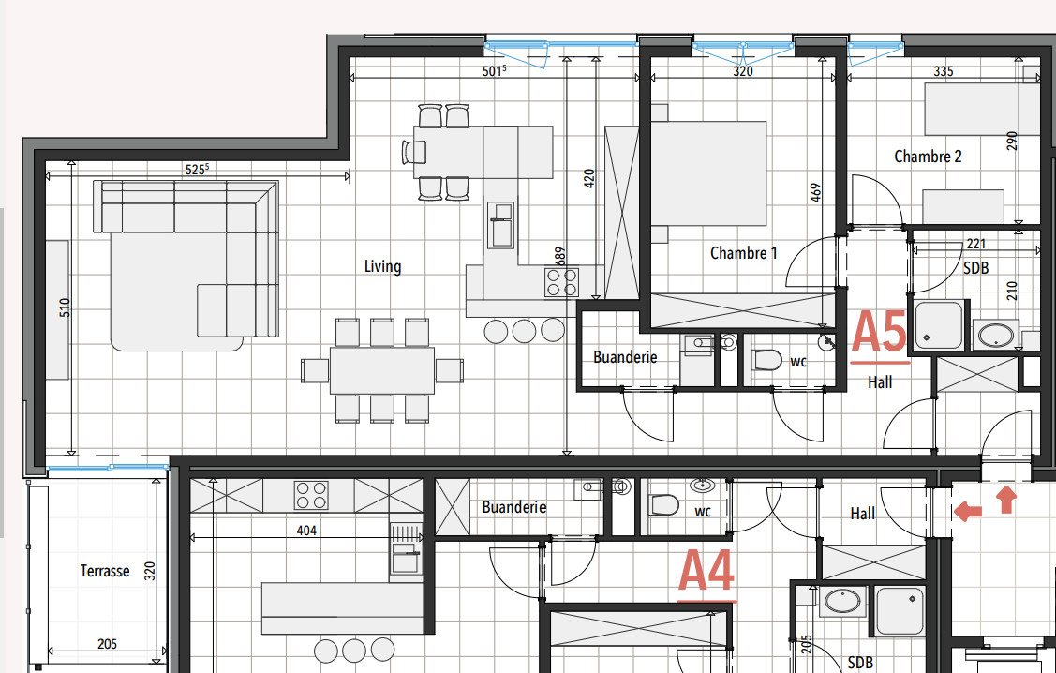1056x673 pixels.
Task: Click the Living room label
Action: tap(382, 266)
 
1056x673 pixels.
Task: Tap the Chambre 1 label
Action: tap(743, 252)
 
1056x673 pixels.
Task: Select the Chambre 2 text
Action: tap(928, 157)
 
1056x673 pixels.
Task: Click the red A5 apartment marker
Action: tap(879, 334)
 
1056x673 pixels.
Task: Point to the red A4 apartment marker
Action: tap(706, 573)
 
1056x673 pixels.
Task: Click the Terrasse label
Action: tap(104, 570)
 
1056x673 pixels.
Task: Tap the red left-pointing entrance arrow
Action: tap(968, 511)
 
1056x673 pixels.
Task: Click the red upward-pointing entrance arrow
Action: tap(1006, 499)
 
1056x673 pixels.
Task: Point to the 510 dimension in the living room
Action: tap(65, 308)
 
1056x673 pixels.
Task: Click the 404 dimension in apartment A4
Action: tap(306, 531)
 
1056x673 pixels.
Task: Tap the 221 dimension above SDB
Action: tap(975, 244)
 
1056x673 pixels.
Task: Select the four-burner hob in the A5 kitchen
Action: tap(561, 282)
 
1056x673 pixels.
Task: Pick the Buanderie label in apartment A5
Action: tap(625, 357)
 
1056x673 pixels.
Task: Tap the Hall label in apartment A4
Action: tap(862, 514)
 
